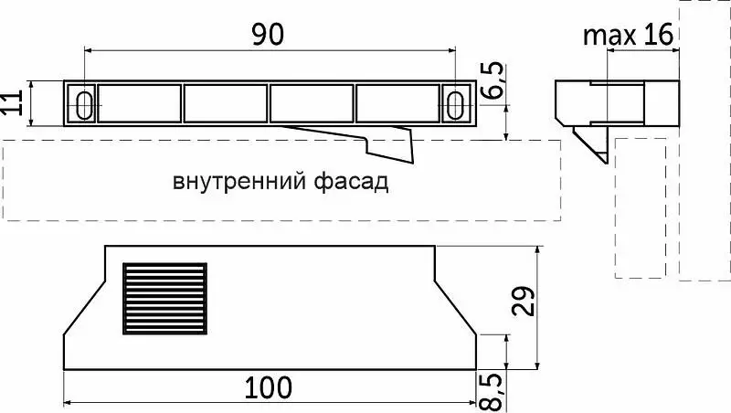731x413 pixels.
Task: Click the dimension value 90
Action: click(267, 35)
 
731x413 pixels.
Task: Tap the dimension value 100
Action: click(269, 387)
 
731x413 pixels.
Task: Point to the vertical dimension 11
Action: click(13, 102)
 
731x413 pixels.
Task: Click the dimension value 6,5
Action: click(493, 79)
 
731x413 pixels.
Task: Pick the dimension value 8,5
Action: click(491, 392)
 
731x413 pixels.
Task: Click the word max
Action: click(609, 36)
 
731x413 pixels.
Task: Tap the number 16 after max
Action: click(659, 34)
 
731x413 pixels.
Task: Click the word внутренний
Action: click(239, 182)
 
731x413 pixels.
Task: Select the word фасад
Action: click(351, 181)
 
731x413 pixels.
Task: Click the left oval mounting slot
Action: click(84, 105)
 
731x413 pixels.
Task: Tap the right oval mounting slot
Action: click(455, 105)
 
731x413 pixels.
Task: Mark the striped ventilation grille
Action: click(165, 299)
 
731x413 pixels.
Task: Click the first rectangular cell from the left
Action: click(140, 103)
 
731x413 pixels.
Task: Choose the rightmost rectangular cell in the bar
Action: click(397, 103)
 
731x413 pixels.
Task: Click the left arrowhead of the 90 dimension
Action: click(88, 50)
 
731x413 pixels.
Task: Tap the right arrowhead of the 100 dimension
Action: click(471, 402)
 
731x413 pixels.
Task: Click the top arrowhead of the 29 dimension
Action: click(538, 250)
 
